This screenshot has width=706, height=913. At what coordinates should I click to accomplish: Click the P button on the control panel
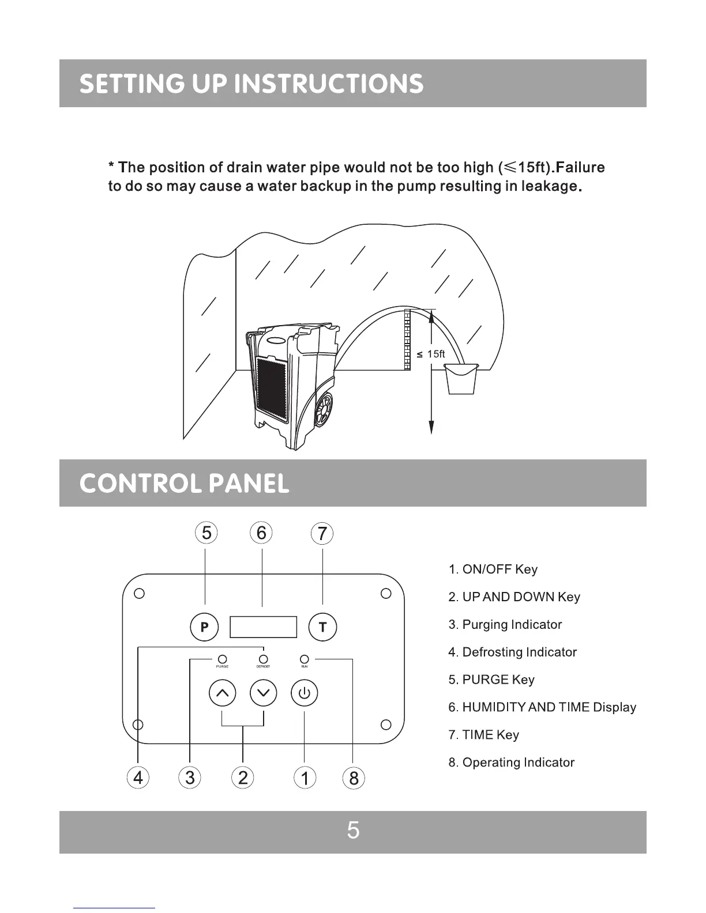tap(204, 627)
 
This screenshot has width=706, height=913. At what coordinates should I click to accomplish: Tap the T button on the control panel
tap(322, 627)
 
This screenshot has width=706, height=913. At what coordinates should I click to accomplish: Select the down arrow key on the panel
tap(264, 693)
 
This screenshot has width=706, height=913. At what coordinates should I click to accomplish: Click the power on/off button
tap(305, 693)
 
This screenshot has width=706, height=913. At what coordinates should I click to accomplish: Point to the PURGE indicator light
tap(222, 659)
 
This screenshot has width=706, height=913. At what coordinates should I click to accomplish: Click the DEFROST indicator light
tap(264, 659)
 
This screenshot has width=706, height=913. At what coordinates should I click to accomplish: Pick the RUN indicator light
tap(305, 659)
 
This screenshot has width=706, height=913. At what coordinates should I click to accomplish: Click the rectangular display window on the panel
tap(263, 627)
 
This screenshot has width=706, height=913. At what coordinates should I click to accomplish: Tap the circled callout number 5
tap(206, 533)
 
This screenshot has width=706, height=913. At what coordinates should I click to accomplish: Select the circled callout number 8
tap(354, 778)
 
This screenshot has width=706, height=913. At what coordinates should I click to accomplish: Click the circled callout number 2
tap(243, 778)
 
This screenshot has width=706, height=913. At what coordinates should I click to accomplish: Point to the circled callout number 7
tap(322, 533)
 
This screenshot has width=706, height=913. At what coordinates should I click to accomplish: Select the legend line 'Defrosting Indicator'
tap(512, 652)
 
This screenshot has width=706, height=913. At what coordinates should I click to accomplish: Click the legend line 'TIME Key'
tap(483, 735)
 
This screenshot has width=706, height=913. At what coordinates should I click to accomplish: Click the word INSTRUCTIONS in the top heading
tap(331, 84)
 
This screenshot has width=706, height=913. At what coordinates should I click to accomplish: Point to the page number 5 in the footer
tap(353, 831)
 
